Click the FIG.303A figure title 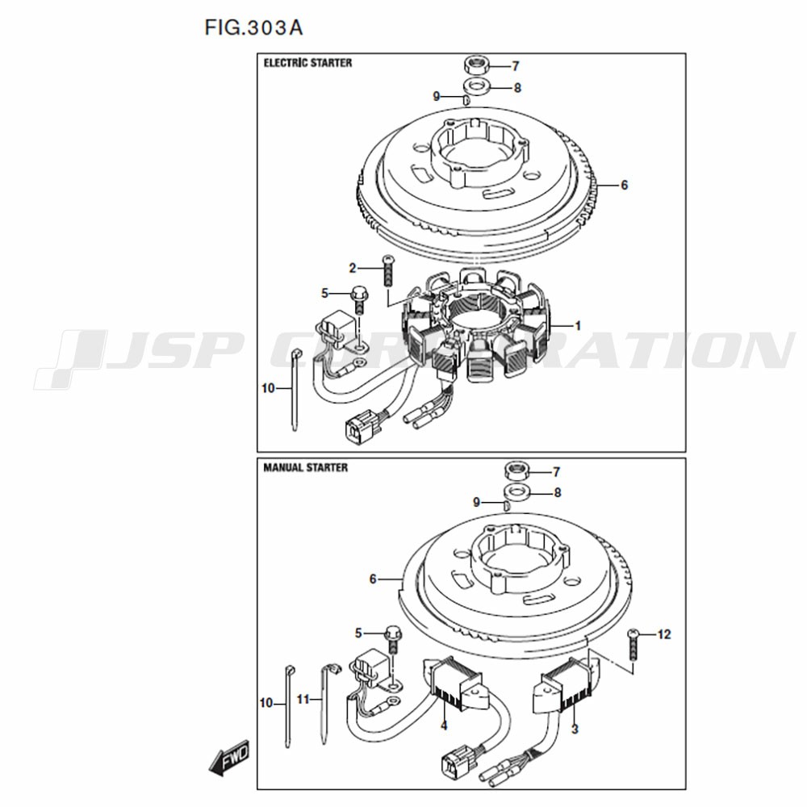[253, 27]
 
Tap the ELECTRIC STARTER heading [307, 63]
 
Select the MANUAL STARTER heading [306, 467]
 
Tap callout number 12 [664, 634]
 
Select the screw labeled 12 [633, 645]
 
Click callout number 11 [303, 700]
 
